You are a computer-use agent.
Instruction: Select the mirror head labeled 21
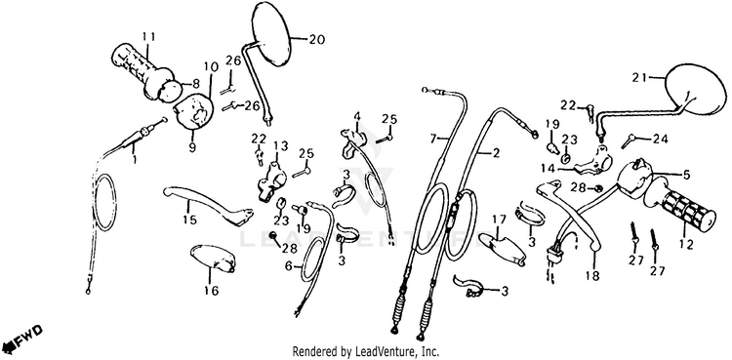696,89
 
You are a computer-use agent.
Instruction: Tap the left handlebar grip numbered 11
142,71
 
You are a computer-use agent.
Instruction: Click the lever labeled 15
207,206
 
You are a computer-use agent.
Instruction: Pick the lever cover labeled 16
214,259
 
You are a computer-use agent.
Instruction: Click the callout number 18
592,276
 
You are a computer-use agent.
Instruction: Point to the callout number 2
496,153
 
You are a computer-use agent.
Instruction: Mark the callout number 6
288,266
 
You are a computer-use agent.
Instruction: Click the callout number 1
135,160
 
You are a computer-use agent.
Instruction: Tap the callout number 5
686,176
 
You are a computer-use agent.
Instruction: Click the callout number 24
660,139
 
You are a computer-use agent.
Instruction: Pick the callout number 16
211,291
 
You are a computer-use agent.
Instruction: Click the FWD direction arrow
21,340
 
